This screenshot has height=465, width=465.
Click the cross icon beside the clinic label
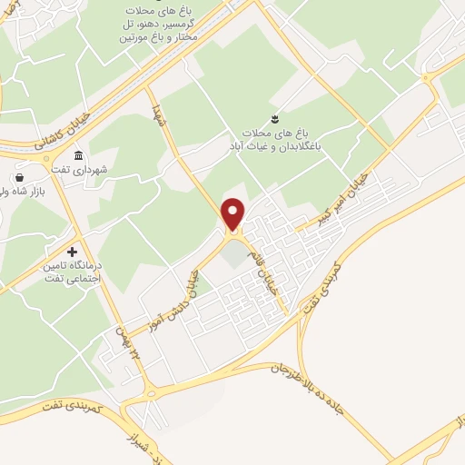tap(73, 252)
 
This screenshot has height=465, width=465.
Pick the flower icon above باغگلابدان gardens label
tap(275, 117)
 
